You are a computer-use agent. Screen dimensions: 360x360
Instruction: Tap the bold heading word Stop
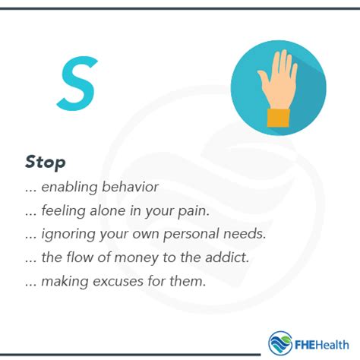pyautogui.click(x=46, y=162)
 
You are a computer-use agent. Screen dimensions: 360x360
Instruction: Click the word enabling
pyautogui.click(x=69, y=188)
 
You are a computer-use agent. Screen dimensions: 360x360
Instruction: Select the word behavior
pyautogui.click(x=130, y=187)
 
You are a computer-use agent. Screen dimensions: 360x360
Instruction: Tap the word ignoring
pyautogui.click(x=68, y=234)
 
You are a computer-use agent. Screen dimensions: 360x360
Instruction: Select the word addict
pyautogui.click(x=227, y=257)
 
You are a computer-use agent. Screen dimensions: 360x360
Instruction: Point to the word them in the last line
pyautogui.click(x=188, y=281)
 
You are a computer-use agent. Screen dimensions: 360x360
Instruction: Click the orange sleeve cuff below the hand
pyautogui.click(x=279, y=118)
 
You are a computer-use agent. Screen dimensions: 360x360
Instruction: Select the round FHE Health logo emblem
pyautogui.click(x=280, y=343)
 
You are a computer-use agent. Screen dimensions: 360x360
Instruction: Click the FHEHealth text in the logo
pyautogui.click(x=322, y=345)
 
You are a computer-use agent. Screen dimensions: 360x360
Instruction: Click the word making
pyautogui.click(x=65, y=282)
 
